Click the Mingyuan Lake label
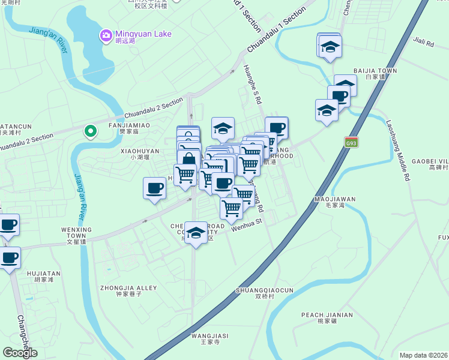[x=144, y=34]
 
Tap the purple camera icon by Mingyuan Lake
[x=106, y=36]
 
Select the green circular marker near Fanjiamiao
[x=91, y=130]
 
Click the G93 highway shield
[x=352, y=142]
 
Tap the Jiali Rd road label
[x=423, y=43]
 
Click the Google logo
[x=20, y=353]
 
